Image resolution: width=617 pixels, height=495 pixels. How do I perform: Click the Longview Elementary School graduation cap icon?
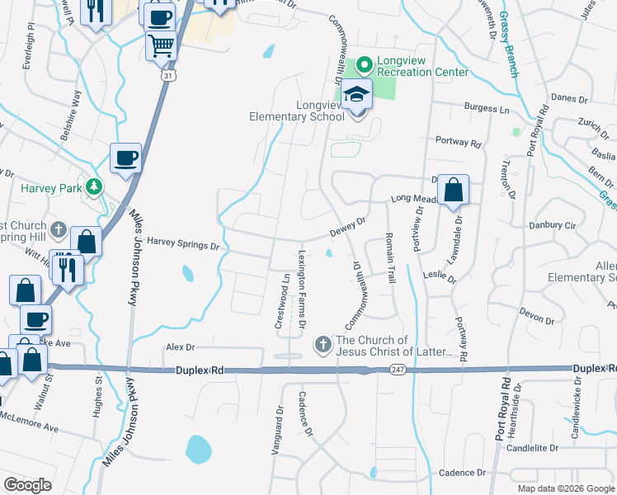click(357, 96)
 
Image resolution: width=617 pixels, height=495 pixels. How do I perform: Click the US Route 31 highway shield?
click(167, 75)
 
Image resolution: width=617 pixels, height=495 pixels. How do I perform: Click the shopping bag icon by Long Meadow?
click(453, 191)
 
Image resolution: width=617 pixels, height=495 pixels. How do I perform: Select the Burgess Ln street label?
click(486, 108)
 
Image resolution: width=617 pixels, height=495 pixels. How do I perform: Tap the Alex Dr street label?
click(179, 348)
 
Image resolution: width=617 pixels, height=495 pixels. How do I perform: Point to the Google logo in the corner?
click(27, 485)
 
